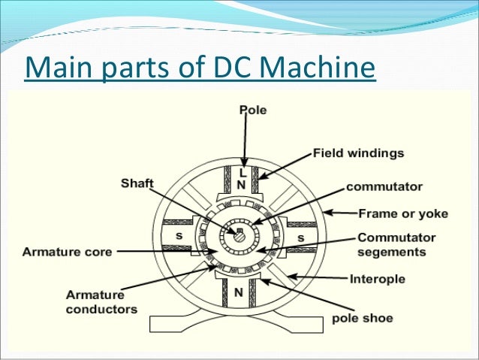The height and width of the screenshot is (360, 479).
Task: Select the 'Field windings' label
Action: pyautogui.click(x=357, y=153)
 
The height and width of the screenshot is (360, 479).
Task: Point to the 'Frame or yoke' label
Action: pyautogui.click(x=404, y=213)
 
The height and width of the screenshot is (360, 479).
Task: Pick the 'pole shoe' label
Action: pyautogui.click(x=362, y=318)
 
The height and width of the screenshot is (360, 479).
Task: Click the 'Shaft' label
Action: pyautogui.click(x=137, y=183)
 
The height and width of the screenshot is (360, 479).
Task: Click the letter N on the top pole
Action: pyautogui.click(x=242, y=183)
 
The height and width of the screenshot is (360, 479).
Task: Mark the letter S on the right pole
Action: pyautogui.click(x=300, y=237)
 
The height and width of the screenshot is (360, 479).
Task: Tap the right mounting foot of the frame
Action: pyautogui.click(x=300, y=323)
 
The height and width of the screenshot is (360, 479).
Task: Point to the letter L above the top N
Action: pyautogui.click(x=242, y=172)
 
